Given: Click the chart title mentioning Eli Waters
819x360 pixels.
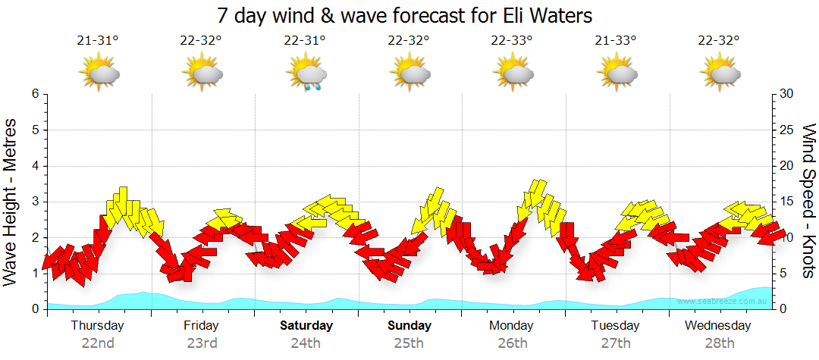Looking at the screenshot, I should point(404,15).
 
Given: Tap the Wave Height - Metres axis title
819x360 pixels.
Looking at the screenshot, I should point(11,202).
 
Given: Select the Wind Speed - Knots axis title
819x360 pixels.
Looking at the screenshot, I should point(808,202).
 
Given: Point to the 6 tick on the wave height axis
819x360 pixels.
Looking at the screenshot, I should point(35,94).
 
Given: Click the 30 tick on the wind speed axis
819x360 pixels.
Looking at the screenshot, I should point(786,94).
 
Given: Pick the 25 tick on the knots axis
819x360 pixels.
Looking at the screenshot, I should point(786,130).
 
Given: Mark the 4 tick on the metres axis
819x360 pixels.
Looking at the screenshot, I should point(35,166).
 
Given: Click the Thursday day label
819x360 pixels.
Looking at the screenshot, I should point(98,326).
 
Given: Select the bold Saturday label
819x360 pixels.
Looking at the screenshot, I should point(306,326).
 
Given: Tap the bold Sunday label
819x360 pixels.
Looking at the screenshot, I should point(409,326).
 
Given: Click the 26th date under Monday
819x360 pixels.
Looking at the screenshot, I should point(513,343).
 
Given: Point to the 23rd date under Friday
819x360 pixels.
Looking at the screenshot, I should point(202,343).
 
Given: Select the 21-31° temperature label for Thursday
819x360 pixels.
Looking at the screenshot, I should point(98,40).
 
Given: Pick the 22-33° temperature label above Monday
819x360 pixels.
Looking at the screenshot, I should point(513,40).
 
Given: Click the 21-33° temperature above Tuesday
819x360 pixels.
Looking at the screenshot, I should point(616,40).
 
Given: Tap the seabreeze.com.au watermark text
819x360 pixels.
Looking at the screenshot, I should point(723,302).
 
